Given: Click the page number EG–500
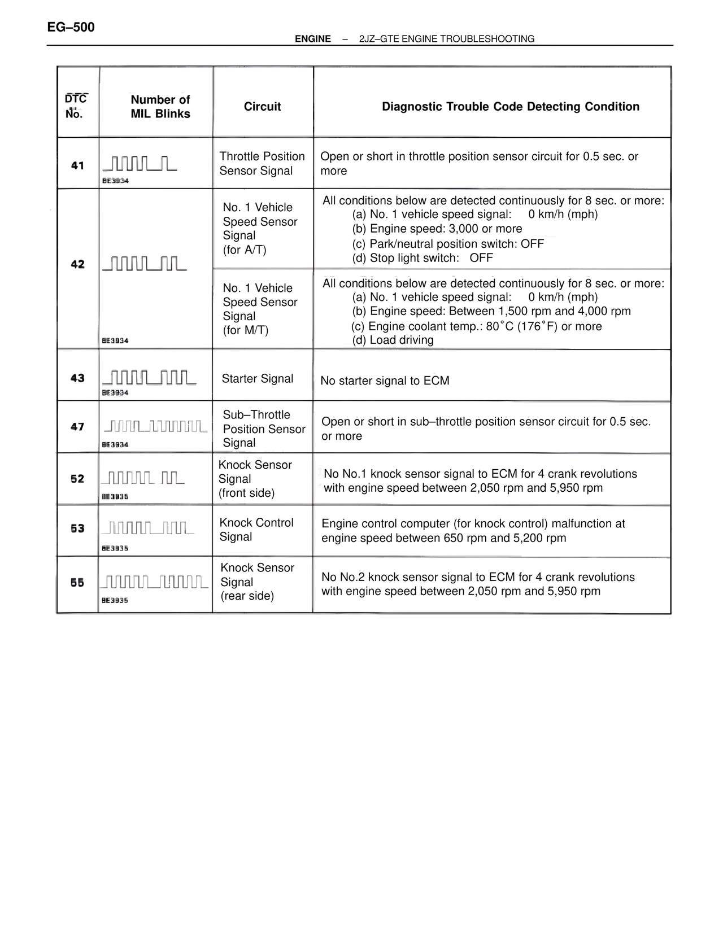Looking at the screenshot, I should point(71,27).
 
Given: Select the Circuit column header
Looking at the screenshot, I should point(262,107).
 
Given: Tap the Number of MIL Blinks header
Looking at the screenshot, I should point(160,107).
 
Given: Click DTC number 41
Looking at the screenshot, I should point(77,165).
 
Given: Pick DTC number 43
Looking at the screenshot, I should point(77,378).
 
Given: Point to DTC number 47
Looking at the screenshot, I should point(77,427).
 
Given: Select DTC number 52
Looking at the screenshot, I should point(77,479).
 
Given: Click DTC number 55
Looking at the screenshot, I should point(77,583).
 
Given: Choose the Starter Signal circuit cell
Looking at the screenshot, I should point(258,379).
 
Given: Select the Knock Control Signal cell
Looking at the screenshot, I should point(256,530).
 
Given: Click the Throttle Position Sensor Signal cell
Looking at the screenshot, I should point(262,164).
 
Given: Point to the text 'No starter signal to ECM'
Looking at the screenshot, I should point(385,381).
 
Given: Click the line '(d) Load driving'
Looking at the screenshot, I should point(393,340).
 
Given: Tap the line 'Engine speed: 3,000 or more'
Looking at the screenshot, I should point(437,229).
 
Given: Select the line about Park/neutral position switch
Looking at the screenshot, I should point(448,244).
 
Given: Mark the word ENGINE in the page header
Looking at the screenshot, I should point(313,39).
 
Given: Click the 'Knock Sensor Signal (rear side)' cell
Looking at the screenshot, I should point(257,582).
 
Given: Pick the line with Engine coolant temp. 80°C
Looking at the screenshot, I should point(476,326).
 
